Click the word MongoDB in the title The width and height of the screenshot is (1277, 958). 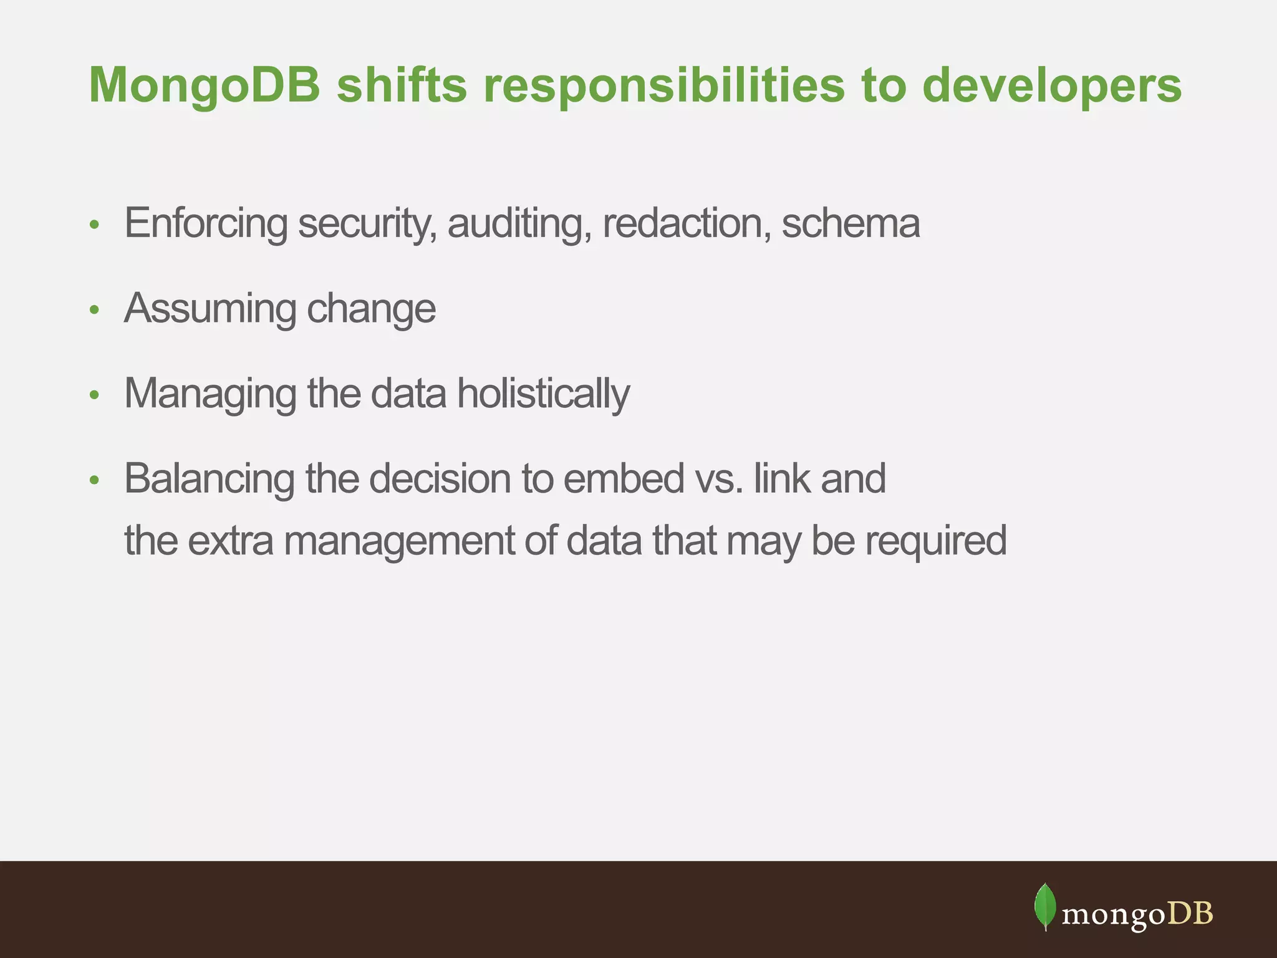205,85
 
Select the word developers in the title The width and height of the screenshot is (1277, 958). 1051,85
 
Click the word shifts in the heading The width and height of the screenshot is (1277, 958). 402,85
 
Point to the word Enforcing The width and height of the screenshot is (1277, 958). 206,223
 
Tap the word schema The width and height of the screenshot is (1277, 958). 851,223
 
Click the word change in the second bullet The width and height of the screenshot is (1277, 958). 371,309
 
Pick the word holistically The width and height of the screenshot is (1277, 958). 543,394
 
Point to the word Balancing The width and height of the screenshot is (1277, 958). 210,479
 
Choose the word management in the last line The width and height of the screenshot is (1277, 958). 399,541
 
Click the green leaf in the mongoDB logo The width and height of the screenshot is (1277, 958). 1045,906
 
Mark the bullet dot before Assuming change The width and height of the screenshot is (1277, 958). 94,310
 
